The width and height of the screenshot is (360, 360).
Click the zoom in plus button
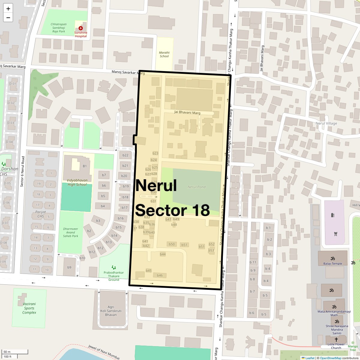coord(8,9)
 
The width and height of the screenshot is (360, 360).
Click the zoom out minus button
coord(8,18)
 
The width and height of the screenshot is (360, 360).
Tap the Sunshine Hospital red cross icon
coord(81,28)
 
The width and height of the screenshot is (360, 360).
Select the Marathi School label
coord(164,54)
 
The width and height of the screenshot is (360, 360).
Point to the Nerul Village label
coord(326,123)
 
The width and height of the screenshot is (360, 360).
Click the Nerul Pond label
coord(196,187)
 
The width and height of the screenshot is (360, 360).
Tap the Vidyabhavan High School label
coord(77,182)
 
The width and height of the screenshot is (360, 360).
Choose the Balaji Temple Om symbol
coord(332,258)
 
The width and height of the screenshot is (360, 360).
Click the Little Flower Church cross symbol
coord(336,340)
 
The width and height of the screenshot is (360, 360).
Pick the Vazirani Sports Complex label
coord(29,308)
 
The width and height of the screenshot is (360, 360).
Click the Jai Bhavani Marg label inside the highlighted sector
coord(187,112)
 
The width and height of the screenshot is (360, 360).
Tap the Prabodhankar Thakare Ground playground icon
coord(113,267)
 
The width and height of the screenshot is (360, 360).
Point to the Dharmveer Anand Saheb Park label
coord(70,232)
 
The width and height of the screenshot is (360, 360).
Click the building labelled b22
coord(125,155)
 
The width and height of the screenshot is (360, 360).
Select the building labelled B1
coord(85,166)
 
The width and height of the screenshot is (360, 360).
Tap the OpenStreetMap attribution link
coord(331,358)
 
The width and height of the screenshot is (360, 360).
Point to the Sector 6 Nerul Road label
coord(22,171)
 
